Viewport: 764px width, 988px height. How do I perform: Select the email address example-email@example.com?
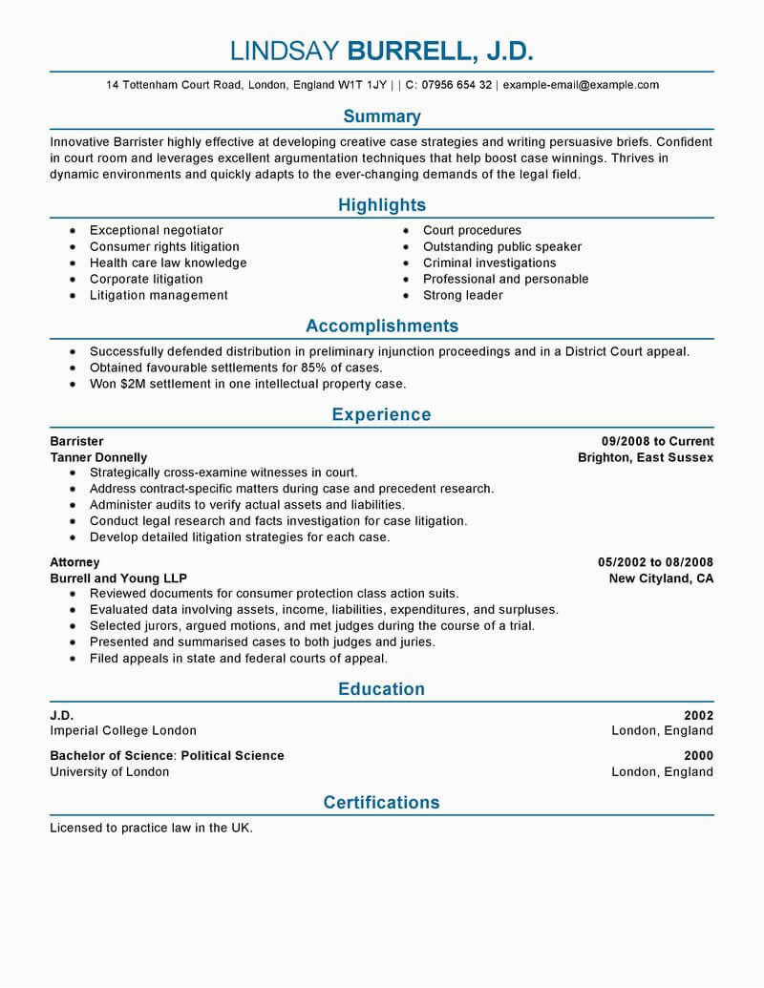[581, 85]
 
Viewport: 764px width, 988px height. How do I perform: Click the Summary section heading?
[382, 116]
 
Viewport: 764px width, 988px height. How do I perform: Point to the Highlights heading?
[382, 205]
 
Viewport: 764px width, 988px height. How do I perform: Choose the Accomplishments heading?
[382, 326]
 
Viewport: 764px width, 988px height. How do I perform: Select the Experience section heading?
[382, 415]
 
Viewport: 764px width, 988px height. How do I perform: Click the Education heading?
[382, 689]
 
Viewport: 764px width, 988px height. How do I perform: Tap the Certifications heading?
[382, 803]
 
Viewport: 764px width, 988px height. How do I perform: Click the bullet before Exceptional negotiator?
[73, 231]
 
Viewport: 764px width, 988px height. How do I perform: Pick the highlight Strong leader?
[463, 296]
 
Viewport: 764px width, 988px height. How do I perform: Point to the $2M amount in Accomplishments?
[138, 384]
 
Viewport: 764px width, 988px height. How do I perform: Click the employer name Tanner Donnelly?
[98, 457]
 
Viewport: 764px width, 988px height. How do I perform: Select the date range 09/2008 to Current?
[657, 441]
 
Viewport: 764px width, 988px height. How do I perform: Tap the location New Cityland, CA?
[661, 578]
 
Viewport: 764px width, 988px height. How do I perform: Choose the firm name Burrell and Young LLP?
[118, 578]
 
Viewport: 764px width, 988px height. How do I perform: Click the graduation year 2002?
[698, 715]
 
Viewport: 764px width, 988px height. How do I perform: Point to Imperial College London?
[123, 731]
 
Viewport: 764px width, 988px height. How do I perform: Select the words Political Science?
[233, 756]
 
